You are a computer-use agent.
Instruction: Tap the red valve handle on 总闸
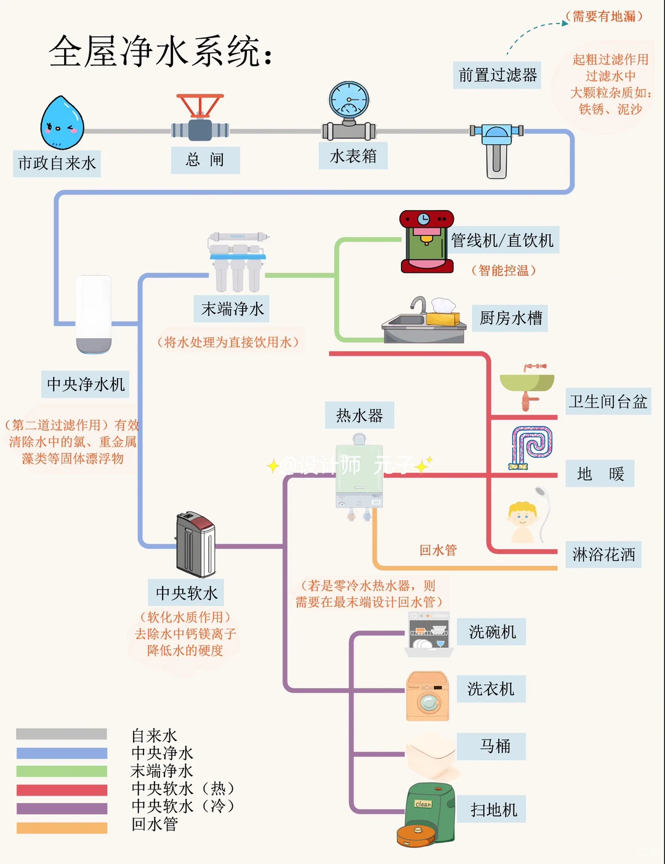click(x=200, y=104)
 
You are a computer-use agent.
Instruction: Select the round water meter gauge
click(x=349, y=99)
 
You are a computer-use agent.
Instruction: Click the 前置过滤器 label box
click(x=498, y=75)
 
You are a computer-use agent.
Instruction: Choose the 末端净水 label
click(x=233, y=309)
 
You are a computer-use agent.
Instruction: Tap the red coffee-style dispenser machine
click(x=427, y=242)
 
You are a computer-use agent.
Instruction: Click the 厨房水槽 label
click(x=511, y=318)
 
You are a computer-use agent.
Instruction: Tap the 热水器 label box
click(x=360, y=416)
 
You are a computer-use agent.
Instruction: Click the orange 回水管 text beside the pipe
click(x=438, y=550)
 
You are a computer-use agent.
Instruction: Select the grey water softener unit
click(x=196, y=544)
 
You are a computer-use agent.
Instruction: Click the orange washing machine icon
click(x=427, y=695)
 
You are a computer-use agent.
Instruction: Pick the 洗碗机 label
click(x=492, y=632)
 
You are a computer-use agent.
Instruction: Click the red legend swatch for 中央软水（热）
click(x=62, y=789)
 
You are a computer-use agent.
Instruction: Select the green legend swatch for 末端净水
click(x=62, y=771)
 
